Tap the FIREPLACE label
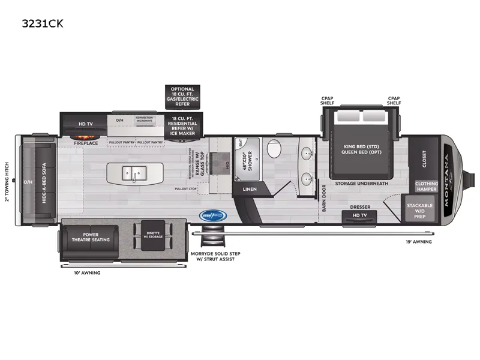(86, 143)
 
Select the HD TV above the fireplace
(86, 124)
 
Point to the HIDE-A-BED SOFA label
(44, 184)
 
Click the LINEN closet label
(249, 189)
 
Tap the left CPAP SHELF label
(328, 100)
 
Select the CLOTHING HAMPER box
(426, 186)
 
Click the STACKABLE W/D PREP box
(419, 210)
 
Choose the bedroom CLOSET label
(424, 159)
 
